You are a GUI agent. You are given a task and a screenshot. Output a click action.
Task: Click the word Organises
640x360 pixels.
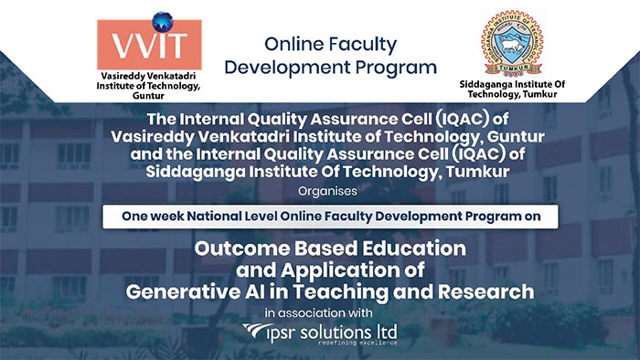click(x=319, y=193)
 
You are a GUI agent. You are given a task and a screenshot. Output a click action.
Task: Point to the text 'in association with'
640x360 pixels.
click(x=319, y=312)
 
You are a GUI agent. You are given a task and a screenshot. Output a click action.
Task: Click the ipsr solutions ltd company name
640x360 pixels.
click(x=337, y=330)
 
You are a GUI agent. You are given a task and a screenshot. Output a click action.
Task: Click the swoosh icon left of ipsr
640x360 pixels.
click(x=259, y=331)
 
